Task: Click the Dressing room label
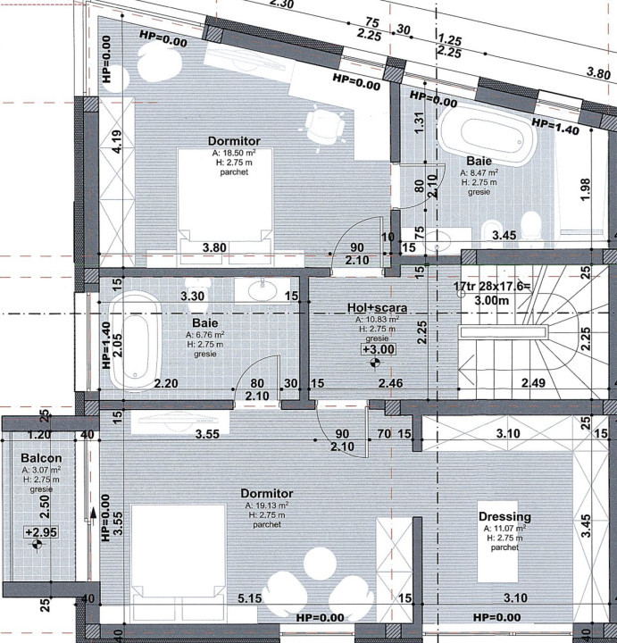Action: [x=504, y=516]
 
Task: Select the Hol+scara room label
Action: [x=377, y=308]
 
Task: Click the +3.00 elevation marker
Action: [x=377, y=350]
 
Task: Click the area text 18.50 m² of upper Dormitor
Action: [x=233, y=153]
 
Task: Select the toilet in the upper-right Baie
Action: [x=531, y=227]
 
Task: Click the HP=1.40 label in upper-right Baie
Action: [x=554, y=127]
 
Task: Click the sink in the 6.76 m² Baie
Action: [x=263, y=290]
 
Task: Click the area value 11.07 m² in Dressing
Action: [x=504, y=529]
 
